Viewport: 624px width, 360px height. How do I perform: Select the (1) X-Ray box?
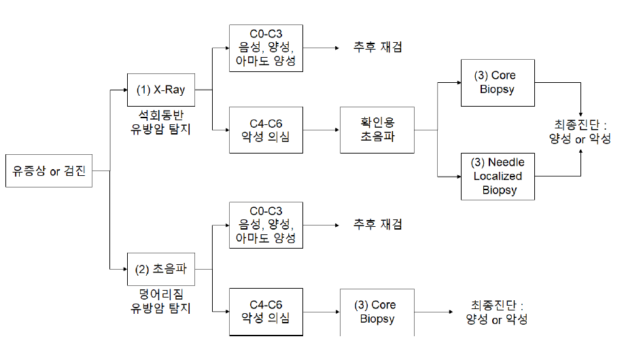click(x=160, y=90)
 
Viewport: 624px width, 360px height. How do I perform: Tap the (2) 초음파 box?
click(x=160, y=269)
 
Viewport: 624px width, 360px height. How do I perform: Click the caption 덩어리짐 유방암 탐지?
click(x=160, y=301)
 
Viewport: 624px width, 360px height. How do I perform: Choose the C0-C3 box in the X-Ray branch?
click(x=266, y=48)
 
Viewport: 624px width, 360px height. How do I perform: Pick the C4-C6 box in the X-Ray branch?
click(x=266, y=130)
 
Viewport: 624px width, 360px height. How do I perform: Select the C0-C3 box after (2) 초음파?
click(x=266, y=225)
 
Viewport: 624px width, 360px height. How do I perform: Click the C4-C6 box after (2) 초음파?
click(x=266, y=311)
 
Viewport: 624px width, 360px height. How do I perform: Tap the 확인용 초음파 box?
click(x=377, y=130)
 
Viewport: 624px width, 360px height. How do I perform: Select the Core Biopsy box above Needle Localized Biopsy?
click(x=498, y=82)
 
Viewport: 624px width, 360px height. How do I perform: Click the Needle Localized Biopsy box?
click(x=498, y=175)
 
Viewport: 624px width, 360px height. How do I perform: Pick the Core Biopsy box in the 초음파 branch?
click(x=377, y=312)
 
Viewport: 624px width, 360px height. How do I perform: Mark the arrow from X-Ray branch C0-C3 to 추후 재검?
click(x=319, y=48)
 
